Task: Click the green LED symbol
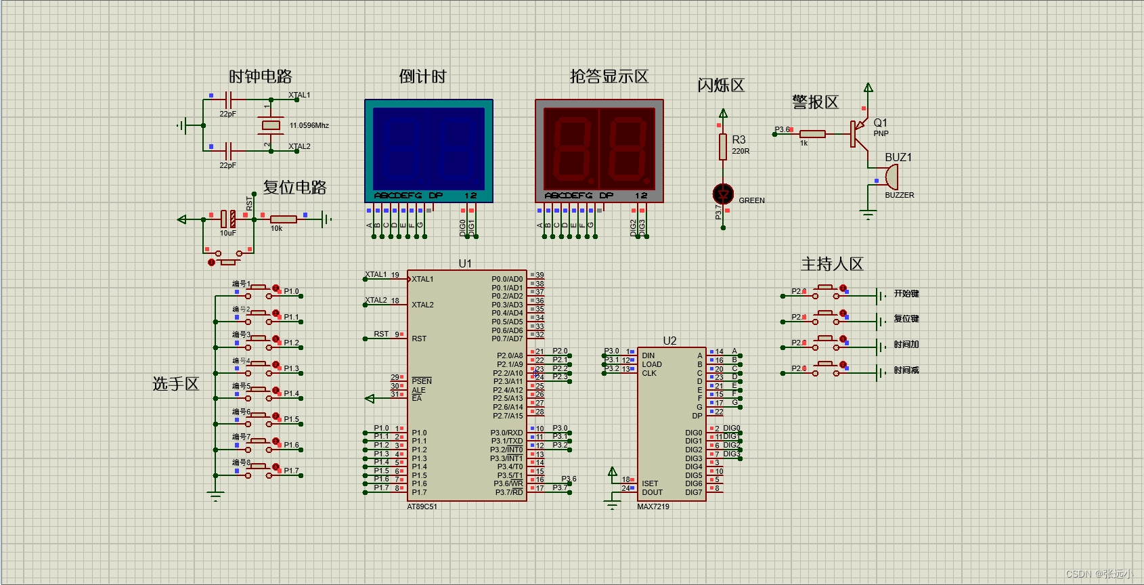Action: click(x=724, y=194)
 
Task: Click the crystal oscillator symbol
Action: click(x=271, y=125)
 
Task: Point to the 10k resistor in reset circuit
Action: click(x=283, y=219)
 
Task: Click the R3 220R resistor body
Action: click(x=723, y=146)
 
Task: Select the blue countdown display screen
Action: click(x=428, y=149)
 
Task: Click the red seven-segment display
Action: click(x=599, y=149)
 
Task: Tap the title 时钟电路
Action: click(x=261, y=77)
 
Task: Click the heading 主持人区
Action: click(x=832, y=264)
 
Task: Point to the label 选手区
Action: click(x=176, y=384)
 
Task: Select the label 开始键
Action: click(x=906, y=293)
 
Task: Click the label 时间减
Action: click(x=906, y=370)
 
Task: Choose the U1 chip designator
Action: click(x=465, y=263)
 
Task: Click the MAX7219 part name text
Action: click(x=653, y=506)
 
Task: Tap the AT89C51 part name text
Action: click(x=422, y=506)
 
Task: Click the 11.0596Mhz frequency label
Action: click(x=309, y=125)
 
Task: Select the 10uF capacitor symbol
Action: click(x=228, y=219)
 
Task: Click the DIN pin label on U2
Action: click(x=648, y=355)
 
